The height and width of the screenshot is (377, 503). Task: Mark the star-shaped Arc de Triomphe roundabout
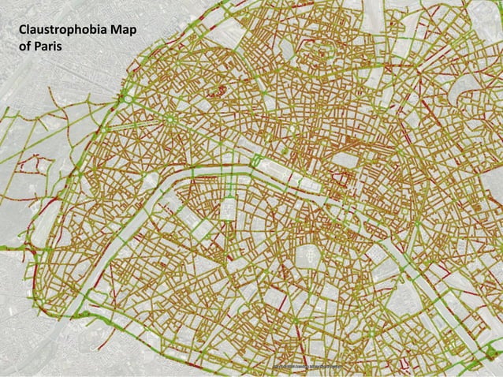[169, 120]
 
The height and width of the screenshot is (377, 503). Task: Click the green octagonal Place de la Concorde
[256, 160]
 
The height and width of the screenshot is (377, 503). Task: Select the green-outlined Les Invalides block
[229, 207]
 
